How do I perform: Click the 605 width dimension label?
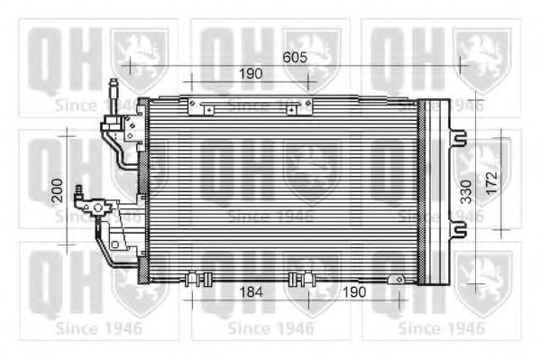[295, 57]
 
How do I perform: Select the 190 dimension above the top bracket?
[251, 73]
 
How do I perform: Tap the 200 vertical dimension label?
[57, 190]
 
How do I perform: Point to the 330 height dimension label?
[466, 191]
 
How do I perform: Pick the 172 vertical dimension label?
[492, 183]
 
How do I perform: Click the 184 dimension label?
[251, 292]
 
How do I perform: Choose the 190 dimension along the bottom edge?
[354, 292]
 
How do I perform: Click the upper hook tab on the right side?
[458, 138]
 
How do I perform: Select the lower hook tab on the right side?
[458, 229]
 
